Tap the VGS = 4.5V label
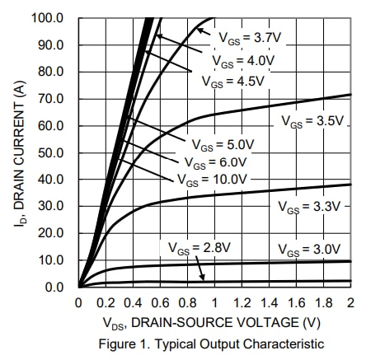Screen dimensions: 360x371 point(233,81)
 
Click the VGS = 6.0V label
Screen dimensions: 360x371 point(217,161)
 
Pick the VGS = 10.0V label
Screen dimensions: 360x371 point(212,179)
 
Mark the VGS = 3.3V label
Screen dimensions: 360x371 point(311,206)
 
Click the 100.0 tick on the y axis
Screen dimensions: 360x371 point(50,18)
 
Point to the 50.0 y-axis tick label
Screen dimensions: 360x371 point(54,152)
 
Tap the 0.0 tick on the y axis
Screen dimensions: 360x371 point(57,287)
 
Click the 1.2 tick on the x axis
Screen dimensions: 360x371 point(242,304)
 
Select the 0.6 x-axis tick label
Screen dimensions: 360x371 point(160,304)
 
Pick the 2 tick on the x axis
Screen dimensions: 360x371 point(350,304)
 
